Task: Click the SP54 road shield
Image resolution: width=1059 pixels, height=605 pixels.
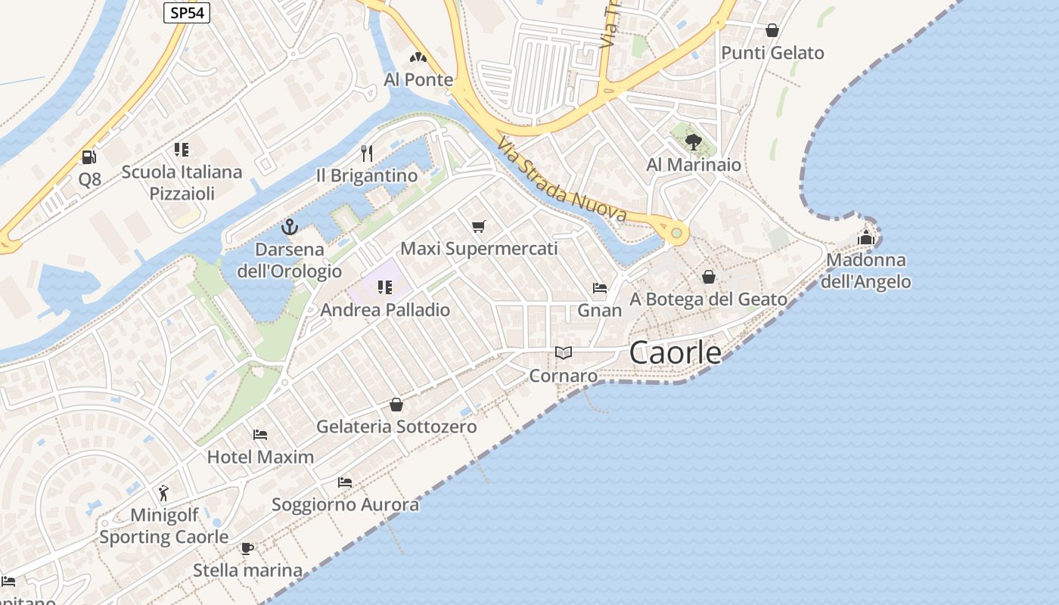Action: (x=186, y=13)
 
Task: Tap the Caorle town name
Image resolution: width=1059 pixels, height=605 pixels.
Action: (x=675, y=352)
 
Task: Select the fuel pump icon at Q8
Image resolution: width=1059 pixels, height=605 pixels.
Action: (x=89, y=157)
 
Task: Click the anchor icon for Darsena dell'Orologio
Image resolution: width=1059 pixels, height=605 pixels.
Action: (x=289, y=227)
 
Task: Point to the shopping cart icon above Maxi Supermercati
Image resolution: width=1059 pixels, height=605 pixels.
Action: (x=478, y=226)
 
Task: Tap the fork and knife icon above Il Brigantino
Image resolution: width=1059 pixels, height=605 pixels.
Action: (x=367, y=154)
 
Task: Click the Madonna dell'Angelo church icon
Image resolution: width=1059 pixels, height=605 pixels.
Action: (x=866, y=237)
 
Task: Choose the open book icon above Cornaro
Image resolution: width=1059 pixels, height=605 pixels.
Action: (x=563, y=352)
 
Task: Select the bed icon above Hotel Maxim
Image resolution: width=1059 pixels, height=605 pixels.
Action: (x=260, y=435)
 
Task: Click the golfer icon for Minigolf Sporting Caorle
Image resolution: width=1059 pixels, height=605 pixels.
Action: (x=164, y=493)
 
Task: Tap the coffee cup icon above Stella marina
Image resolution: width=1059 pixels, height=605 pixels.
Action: (x=247, y=548)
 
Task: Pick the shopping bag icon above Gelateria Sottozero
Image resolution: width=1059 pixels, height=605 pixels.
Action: (x=396, y=405)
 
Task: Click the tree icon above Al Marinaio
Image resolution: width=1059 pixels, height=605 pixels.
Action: (x=693, y=141)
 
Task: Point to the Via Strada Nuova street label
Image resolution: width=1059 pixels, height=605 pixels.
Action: (x=562, y=180)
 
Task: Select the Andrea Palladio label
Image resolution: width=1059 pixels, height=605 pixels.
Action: (x=385, y=310)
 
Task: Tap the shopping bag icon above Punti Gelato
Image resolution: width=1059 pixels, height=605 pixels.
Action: (x=772, y=30)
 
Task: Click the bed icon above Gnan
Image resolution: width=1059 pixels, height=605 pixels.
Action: (x=600, y=288)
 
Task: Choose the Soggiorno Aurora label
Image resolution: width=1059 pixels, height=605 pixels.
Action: (x=345, y=504)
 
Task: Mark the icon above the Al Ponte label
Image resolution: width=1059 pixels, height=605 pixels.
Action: (x=418, y=57)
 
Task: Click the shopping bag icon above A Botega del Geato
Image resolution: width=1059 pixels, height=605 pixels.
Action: (x=709, y=278)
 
